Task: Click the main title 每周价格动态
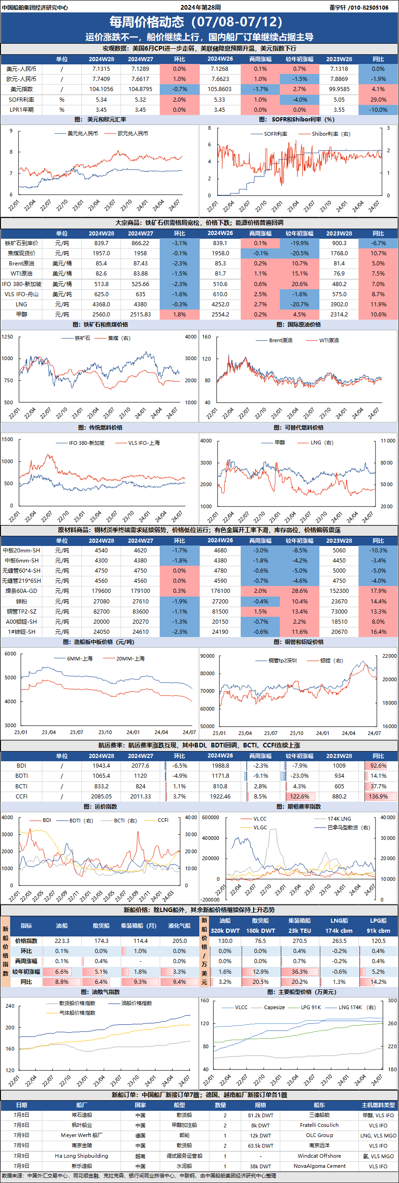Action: click(x=146, y=22)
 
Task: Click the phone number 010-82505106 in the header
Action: click(x=370, y=7)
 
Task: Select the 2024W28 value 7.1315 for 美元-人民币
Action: click(x=101, y=69)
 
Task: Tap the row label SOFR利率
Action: click(x=21, y=100)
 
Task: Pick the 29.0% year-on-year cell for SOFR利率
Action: click(x=378, y=100)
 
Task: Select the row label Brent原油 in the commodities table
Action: click(x=21, y=264)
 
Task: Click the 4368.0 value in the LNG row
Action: click(x=101, y=304)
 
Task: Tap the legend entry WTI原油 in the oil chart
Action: click(x=329, y=340)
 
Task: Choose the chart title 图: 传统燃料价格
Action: click(x=100, y=427)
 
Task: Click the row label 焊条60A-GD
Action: click(x=21, y=591)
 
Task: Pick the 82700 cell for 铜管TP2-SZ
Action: click(x=101, y=612)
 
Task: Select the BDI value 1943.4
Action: click(x=101, y=766)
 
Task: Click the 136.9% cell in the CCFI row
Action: click(x=378, y=797)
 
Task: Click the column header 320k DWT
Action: click(x=225, y=930)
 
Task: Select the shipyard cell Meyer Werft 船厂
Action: click(x=82, y=1135)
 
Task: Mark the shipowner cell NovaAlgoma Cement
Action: click(x=319, y=1166)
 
